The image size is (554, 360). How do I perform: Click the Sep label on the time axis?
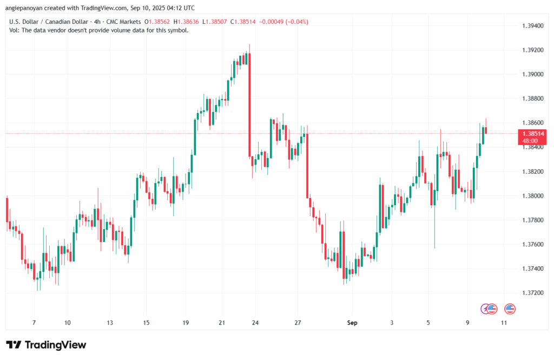click(x=352, y=323)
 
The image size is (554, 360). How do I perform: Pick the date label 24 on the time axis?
click(x=255, y=323)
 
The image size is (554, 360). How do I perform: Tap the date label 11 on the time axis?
click(x=504, y=323)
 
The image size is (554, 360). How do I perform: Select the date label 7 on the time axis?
click(x=34, y=323)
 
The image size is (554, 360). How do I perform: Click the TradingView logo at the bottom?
click(x=46, y=345)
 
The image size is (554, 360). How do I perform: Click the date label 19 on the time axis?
click(x=186, y=323)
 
